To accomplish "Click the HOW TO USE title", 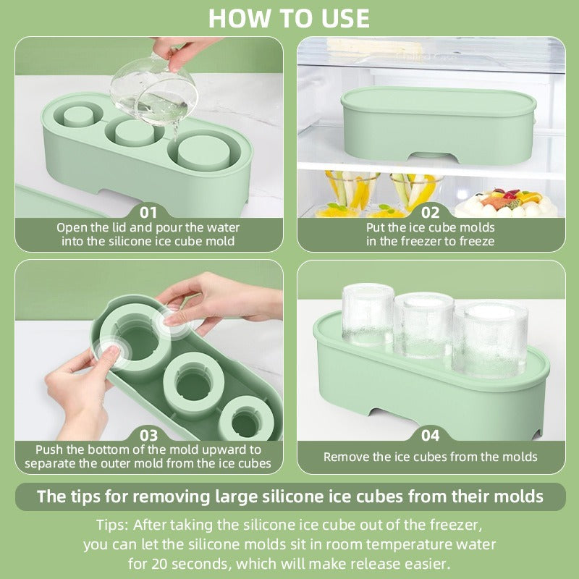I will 289,18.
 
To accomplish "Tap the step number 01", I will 148,212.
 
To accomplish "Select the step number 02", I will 431,212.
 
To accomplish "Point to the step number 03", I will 148,435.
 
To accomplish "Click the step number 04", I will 431,435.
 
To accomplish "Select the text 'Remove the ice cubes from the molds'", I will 431,457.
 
